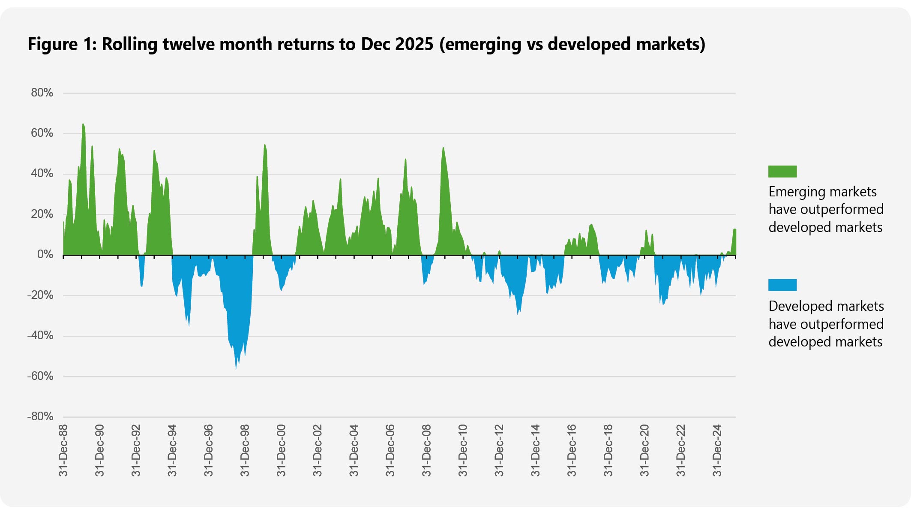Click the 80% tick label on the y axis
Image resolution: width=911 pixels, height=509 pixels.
42,93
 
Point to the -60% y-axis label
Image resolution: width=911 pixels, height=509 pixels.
40,376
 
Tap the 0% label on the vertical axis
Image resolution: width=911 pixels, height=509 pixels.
45,255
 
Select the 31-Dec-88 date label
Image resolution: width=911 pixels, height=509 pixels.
63,450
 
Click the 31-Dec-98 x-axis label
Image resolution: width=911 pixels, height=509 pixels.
245,450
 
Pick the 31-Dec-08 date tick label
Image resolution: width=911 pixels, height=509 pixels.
426,450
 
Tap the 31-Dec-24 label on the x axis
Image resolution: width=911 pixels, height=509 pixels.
717,450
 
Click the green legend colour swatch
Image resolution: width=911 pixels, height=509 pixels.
782,172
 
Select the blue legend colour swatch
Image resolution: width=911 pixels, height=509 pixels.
782,285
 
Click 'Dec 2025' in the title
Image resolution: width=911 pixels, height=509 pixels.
397,44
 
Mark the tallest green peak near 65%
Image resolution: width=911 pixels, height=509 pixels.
83,125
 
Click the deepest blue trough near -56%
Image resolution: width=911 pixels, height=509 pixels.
236,368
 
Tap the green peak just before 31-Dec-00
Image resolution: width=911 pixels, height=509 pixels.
265,146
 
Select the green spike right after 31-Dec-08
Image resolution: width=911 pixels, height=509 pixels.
443,149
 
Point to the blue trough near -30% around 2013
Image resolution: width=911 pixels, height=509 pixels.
518,313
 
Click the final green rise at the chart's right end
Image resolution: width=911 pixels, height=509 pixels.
734,230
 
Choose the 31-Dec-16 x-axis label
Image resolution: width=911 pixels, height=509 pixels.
572,450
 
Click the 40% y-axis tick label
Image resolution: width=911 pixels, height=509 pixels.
42,174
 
